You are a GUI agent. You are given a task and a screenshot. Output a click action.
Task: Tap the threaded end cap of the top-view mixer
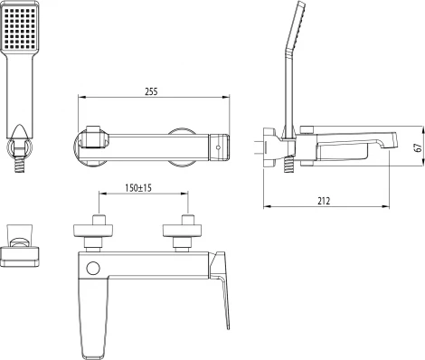(x=221, y=143)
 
